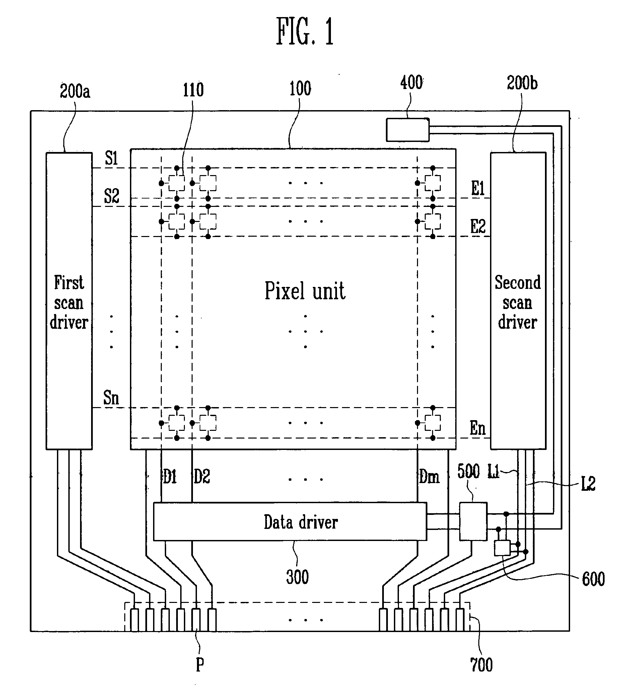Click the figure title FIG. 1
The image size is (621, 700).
click(x=305, y=31)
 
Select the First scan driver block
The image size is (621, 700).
click(x=69, y=301)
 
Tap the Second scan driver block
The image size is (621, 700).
click(x=518, y=301)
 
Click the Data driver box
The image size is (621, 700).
click(x=290, y=522)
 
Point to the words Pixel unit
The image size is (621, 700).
click(x=305, y=291)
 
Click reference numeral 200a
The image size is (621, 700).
click(x=75, y=91)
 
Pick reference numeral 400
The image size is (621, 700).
click(x=411, y=83)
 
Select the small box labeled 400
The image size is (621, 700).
click(x=408, y=130)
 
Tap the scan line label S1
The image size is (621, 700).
click(x=111, y=158)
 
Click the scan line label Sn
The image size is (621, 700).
click(x=111, y=398)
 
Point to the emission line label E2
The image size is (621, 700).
click(x=478, y=226)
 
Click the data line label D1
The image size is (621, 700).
click(x=169, y=476)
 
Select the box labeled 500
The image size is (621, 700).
click(x=473, y=522)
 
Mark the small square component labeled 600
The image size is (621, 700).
click(x=502, y=548)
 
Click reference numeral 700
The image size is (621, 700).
click(x=482, y=665)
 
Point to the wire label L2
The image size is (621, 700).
click(x=588, y=484)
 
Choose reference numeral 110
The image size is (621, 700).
click(x=193, y=90)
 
